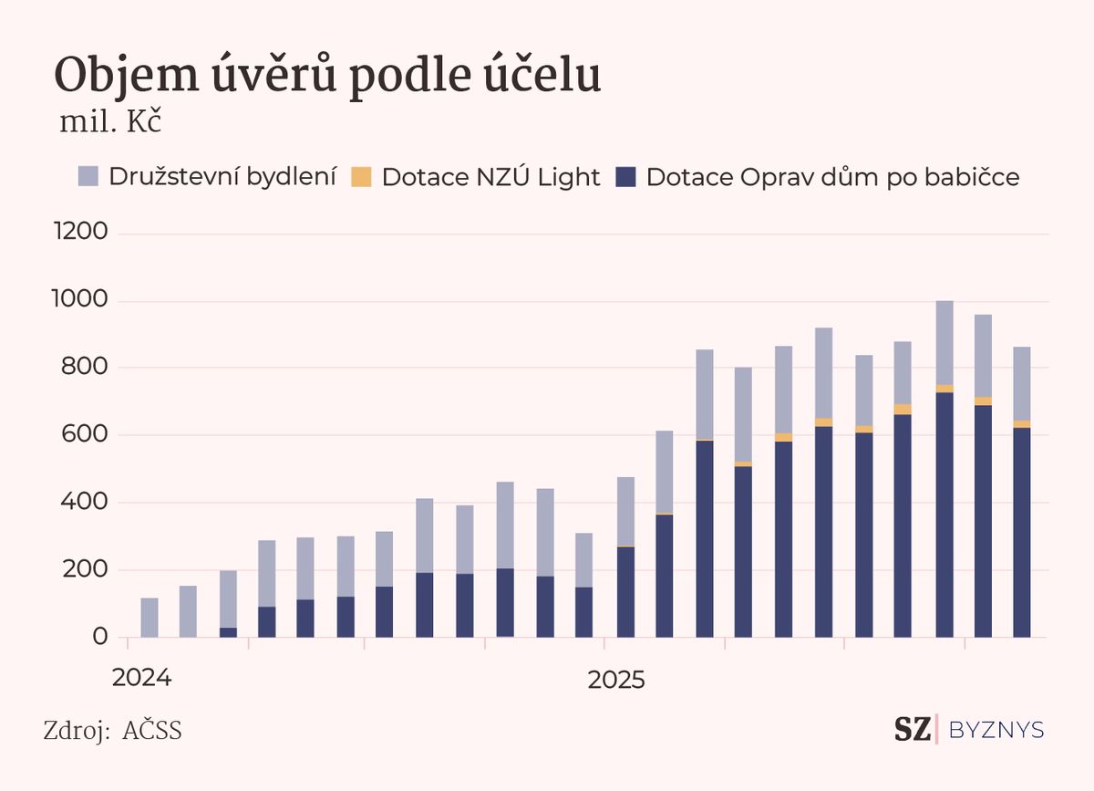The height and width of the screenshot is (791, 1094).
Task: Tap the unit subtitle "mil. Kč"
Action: pos(110,123)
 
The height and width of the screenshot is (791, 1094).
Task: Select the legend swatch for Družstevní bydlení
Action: pos(88,177)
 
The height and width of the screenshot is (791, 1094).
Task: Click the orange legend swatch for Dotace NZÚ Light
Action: pos(361,177)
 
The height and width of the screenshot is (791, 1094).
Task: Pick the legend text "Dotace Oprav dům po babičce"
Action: pos(832,177)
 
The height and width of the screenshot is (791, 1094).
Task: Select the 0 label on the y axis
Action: pos(101,637)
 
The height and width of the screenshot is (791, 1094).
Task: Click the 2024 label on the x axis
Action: pos(140,680)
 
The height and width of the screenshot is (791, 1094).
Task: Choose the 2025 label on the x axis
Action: pos(616,680)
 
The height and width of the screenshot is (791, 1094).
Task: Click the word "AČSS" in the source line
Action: pos(152,731)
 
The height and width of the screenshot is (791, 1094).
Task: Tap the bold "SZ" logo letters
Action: pos(912,729)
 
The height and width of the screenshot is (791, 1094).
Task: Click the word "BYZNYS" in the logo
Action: pos(996,730)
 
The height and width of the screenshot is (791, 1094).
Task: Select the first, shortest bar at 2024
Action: pos(150,618)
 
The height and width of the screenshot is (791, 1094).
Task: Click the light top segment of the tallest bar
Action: pos(944,342)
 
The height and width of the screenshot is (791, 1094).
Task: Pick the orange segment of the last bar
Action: pos(1023,424)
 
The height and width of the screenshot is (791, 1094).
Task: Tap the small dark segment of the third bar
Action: pos(228,632)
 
